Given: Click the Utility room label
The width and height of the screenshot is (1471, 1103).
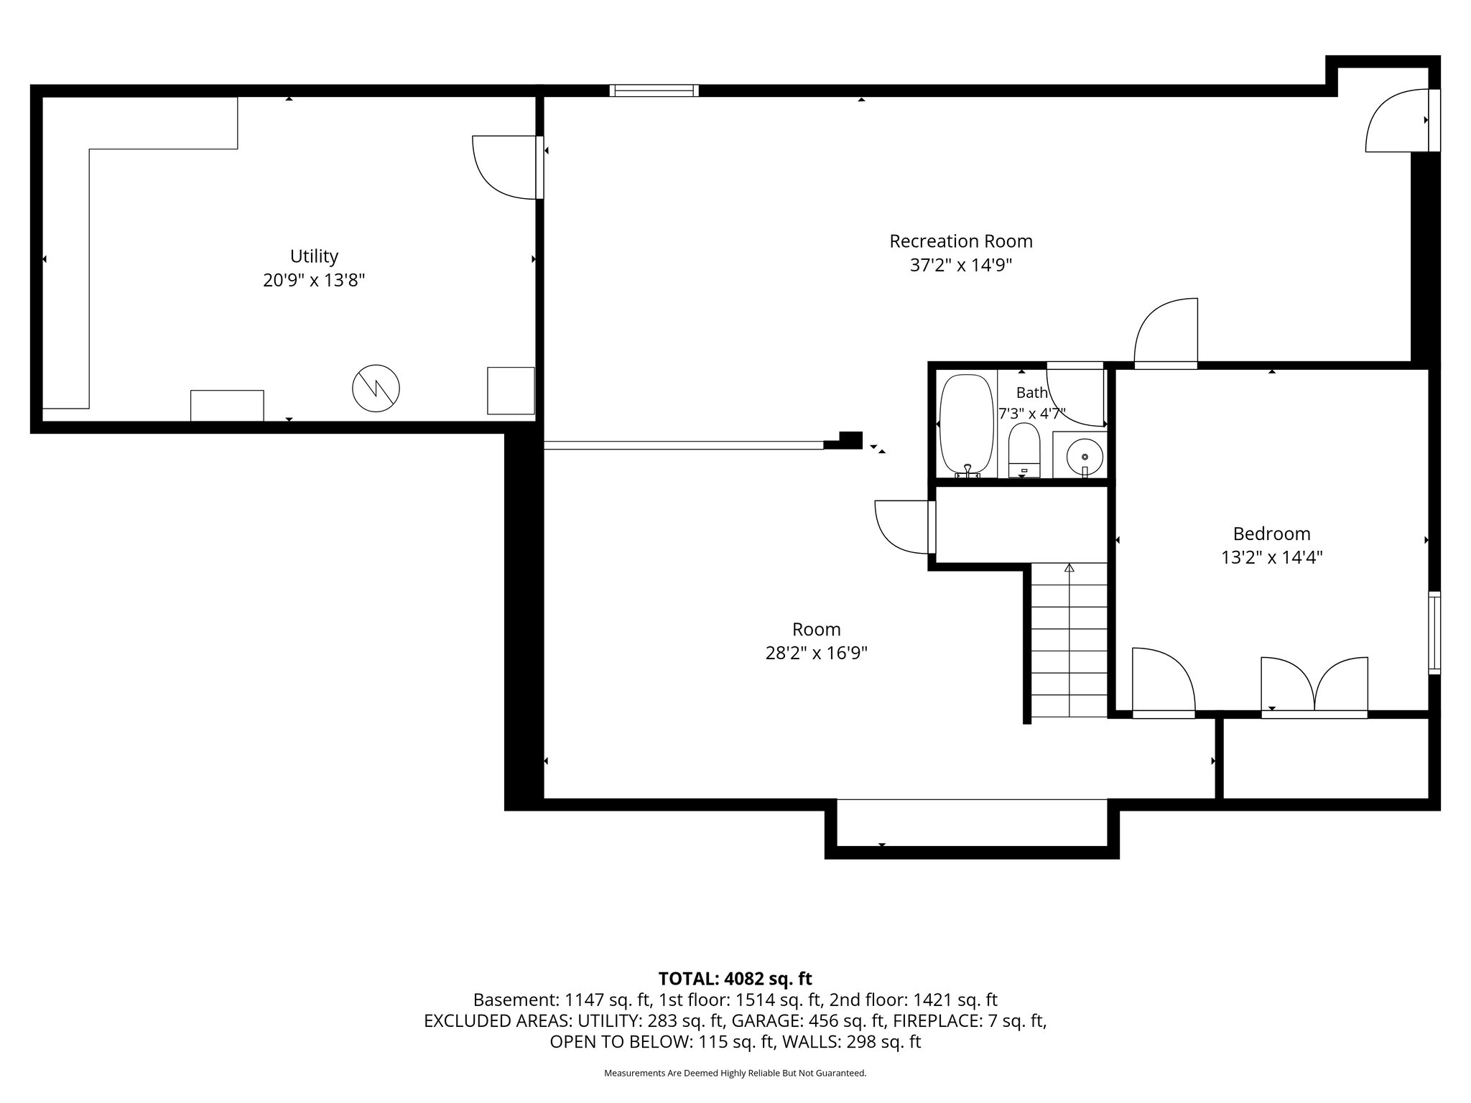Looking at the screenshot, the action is (314, 256).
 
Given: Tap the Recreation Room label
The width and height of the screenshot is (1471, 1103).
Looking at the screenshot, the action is (961, 241).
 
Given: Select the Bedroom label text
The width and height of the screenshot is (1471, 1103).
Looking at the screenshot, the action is (1271, 534).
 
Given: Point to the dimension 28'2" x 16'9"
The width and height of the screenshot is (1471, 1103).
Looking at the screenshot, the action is (817, 653).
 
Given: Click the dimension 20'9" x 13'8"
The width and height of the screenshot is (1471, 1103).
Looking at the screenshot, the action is (314, 280).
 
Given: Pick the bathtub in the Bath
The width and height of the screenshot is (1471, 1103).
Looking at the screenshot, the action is (967, 425).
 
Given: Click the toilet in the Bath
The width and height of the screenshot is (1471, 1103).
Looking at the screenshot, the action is (1024, 450).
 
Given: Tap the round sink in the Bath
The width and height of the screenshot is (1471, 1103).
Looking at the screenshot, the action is (1085, 456).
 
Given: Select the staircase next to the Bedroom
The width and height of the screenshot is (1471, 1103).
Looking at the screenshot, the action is (1069, 640).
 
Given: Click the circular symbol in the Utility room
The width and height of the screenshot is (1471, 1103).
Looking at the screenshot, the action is (376, 388).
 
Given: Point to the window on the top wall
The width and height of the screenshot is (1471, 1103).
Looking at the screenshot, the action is (654, 90).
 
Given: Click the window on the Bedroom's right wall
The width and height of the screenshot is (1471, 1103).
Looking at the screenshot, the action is (1434, 632).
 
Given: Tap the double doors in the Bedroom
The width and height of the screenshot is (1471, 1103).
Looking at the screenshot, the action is (1314, 687).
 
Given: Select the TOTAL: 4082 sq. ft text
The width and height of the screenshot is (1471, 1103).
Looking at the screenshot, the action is (735, 978).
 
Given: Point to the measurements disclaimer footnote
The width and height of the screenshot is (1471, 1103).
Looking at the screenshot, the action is (735, 1073).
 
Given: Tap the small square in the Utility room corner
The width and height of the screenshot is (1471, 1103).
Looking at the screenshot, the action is (511, 391).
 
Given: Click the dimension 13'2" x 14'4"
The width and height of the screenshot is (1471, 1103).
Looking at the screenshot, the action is (1271, 557).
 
